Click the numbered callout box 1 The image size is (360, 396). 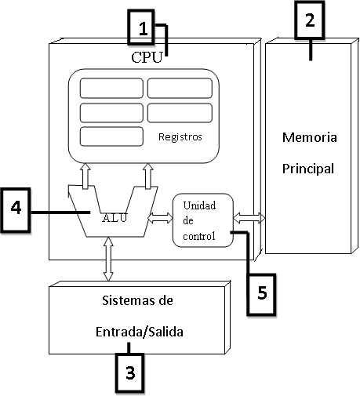coord(142,30)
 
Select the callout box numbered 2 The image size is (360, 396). coord(310,21)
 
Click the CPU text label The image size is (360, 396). coord(147,57)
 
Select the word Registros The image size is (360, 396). coord(180,136)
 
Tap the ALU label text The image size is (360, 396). coord(115,216)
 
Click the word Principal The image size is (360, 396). coord(309,168)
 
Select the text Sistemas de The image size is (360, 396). coord(137,300)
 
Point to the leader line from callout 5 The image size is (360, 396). coord(247,251)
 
